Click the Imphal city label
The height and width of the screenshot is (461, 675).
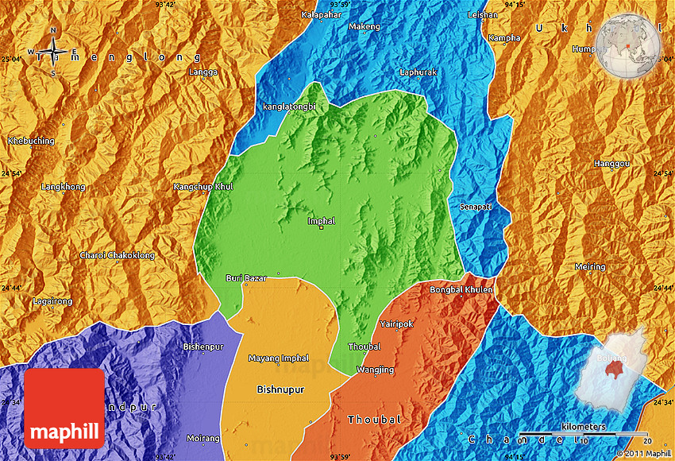[x=321, y=220]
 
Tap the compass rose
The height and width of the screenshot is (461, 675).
[x=53, y=52]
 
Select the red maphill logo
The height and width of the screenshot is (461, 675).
[x=64, y=409]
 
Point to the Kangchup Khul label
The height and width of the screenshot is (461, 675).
[x=203, y=187]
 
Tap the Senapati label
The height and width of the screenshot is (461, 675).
[x=476, y=207]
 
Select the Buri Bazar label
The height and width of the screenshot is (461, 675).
[x=246, y=278]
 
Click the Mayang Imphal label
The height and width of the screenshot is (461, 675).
[x=278, y=358]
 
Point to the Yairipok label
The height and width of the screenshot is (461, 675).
[x=397, y=324]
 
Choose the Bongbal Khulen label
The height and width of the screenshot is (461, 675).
[x=461, y=290]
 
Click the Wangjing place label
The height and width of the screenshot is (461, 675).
[x=375, y=370]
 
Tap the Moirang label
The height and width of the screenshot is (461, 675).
[x=202, y=438]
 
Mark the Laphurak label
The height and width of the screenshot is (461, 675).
[x=418, y=72]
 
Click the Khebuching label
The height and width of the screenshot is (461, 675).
[x=31, y=141]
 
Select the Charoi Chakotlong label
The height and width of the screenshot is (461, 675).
[x=118, y=255]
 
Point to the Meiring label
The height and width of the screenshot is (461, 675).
[x=589, y=267]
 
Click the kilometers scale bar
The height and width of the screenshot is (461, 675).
[x=584, y=434]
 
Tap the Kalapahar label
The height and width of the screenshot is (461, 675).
[x=321, y=14]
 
